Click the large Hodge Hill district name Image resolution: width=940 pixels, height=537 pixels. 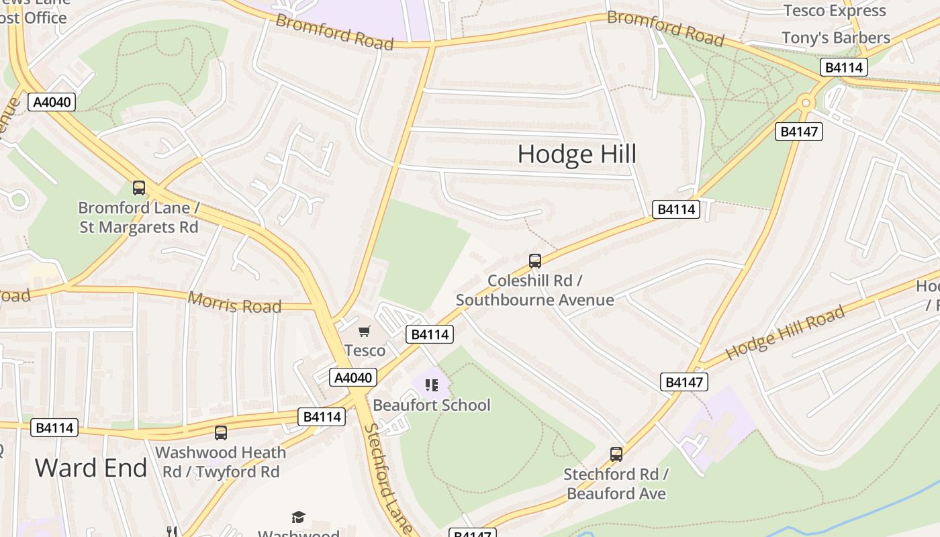(577, 154)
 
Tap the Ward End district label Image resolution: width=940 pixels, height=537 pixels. (91, 468)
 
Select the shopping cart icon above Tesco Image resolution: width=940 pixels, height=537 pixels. (365, 331)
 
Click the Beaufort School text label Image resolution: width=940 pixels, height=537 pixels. (431, 405)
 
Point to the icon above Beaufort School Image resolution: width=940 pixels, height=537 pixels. (431, 385)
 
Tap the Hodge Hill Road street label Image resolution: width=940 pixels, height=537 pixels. (784, 332)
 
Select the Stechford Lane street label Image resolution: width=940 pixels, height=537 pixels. (388, 477)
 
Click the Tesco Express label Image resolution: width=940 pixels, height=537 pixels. (835, 11)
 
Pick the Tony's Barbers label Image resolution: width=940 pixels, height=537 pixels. (835, 38)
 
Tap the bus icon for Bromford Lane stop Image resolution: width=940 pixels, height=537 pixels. (139, 188)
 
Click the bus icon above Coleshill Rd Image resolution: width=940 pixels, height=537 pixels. (535, 261)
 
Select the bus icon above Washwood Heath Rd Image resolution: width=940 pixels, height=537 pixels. (221, 433)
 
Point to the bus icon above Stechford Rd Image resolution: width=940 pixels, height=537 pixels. (616, 454)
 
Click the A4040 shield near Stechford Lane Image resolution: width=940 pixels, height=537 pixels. (353, 377)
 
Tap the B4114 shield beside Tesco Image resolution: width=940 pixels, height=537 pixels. (430, 334)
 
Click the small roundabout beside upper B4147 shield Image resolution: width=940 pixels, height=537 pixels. (805, 103)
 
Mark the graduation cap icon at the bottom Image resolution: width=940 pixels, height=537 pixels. (298, 517)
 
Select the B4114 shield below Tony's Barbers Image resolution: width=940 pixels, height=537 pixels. (844, 67)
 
